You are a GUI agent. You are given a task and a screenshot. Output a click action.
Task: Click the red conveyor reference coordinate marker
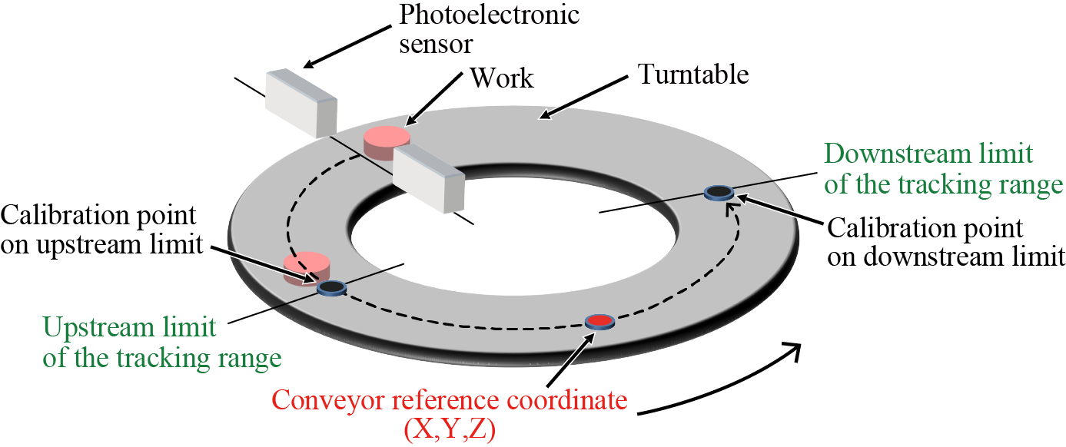click(x=599, y=321)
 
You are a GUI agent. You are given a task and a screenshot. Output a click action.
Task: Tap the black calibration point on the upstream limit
click(x=331, y=287)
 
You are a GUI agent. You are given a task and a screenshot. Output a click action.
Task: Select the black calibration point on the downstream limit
click(x=719, y=191)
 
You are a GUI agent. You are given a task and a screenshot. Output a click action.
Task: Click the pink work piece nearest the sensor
click(x=387, y=142)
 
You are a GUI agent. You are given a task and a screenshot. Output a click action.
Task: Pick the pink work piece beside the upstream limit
click(x=307, y=267)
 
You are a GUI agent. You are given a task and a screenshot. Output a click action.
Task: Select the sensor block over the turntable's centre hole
click(x=429, y=180)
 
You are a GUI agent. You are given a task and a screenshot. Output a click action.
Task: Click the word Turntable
click(x=692, y=74)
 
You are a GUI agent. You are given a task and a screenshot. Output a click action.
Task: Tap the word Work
click(x=501, y=78)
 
